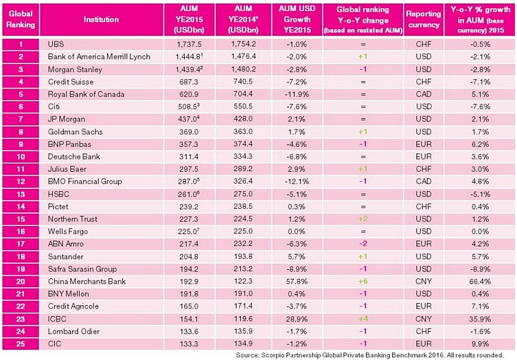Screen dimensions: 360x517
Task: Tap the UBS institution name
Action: coord(55,45)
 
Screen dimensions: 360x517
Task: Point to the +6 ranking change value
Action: coord(361,280)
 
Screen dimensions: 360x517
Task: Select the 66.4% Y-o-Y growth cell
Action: coord(479,280)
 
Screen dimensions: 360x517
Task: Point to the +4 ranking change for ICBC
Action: coord(361,317)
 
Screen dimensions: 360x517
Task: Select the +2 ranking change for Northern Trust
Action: coord(361,218)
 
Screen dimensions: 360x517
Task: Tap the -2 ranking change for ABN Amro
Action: coord(361,243)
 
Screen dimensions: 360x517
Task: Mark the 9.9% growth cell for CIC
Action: coord(479,342)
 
